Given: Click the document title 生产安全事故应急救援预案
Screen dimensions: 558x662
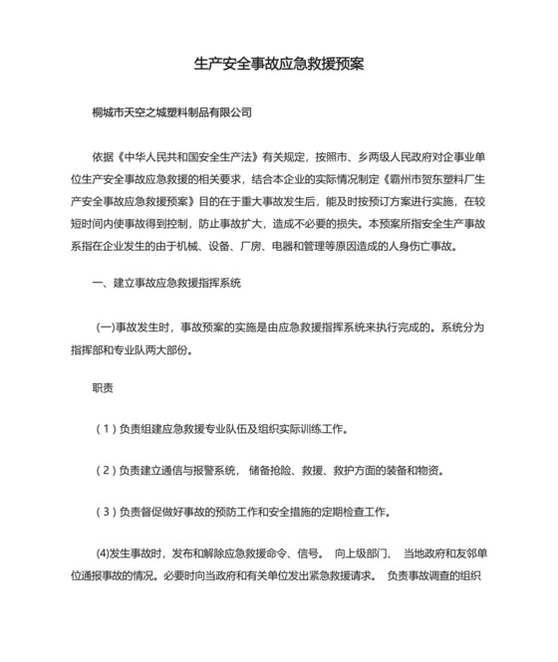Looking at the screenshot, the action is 278,64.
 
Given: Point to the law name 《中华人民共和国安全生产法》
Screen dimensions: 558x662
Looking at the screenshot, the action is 188,156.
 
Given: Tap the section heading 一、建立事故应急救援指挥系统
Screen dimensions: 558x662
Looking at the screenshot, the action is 164,284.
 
